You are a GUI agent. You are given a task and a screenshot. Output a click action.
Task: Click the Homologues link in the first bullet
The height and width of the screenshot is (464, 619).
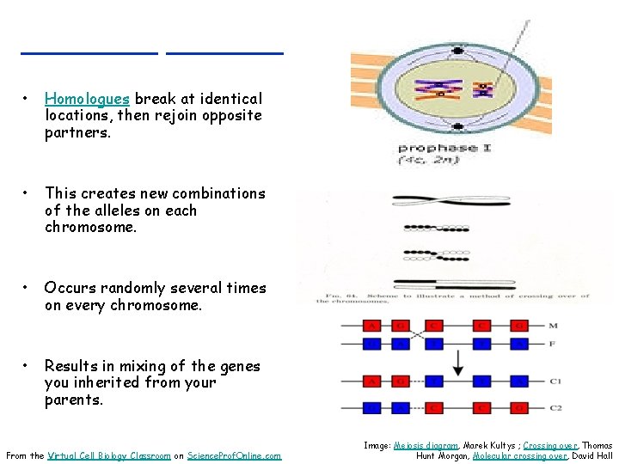[80, 99]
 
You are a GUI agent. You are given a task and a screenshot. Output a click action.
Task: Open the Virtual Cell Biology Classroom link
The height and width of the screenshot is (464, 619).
[109, 455]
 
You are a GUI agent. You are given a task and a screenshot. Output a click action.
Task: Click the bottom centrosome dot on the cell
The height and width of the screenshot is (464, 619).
[459, 126]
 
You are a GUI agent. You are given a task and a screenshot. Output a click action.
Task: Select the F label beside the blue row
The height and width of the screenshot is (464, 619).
[550, 345]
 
